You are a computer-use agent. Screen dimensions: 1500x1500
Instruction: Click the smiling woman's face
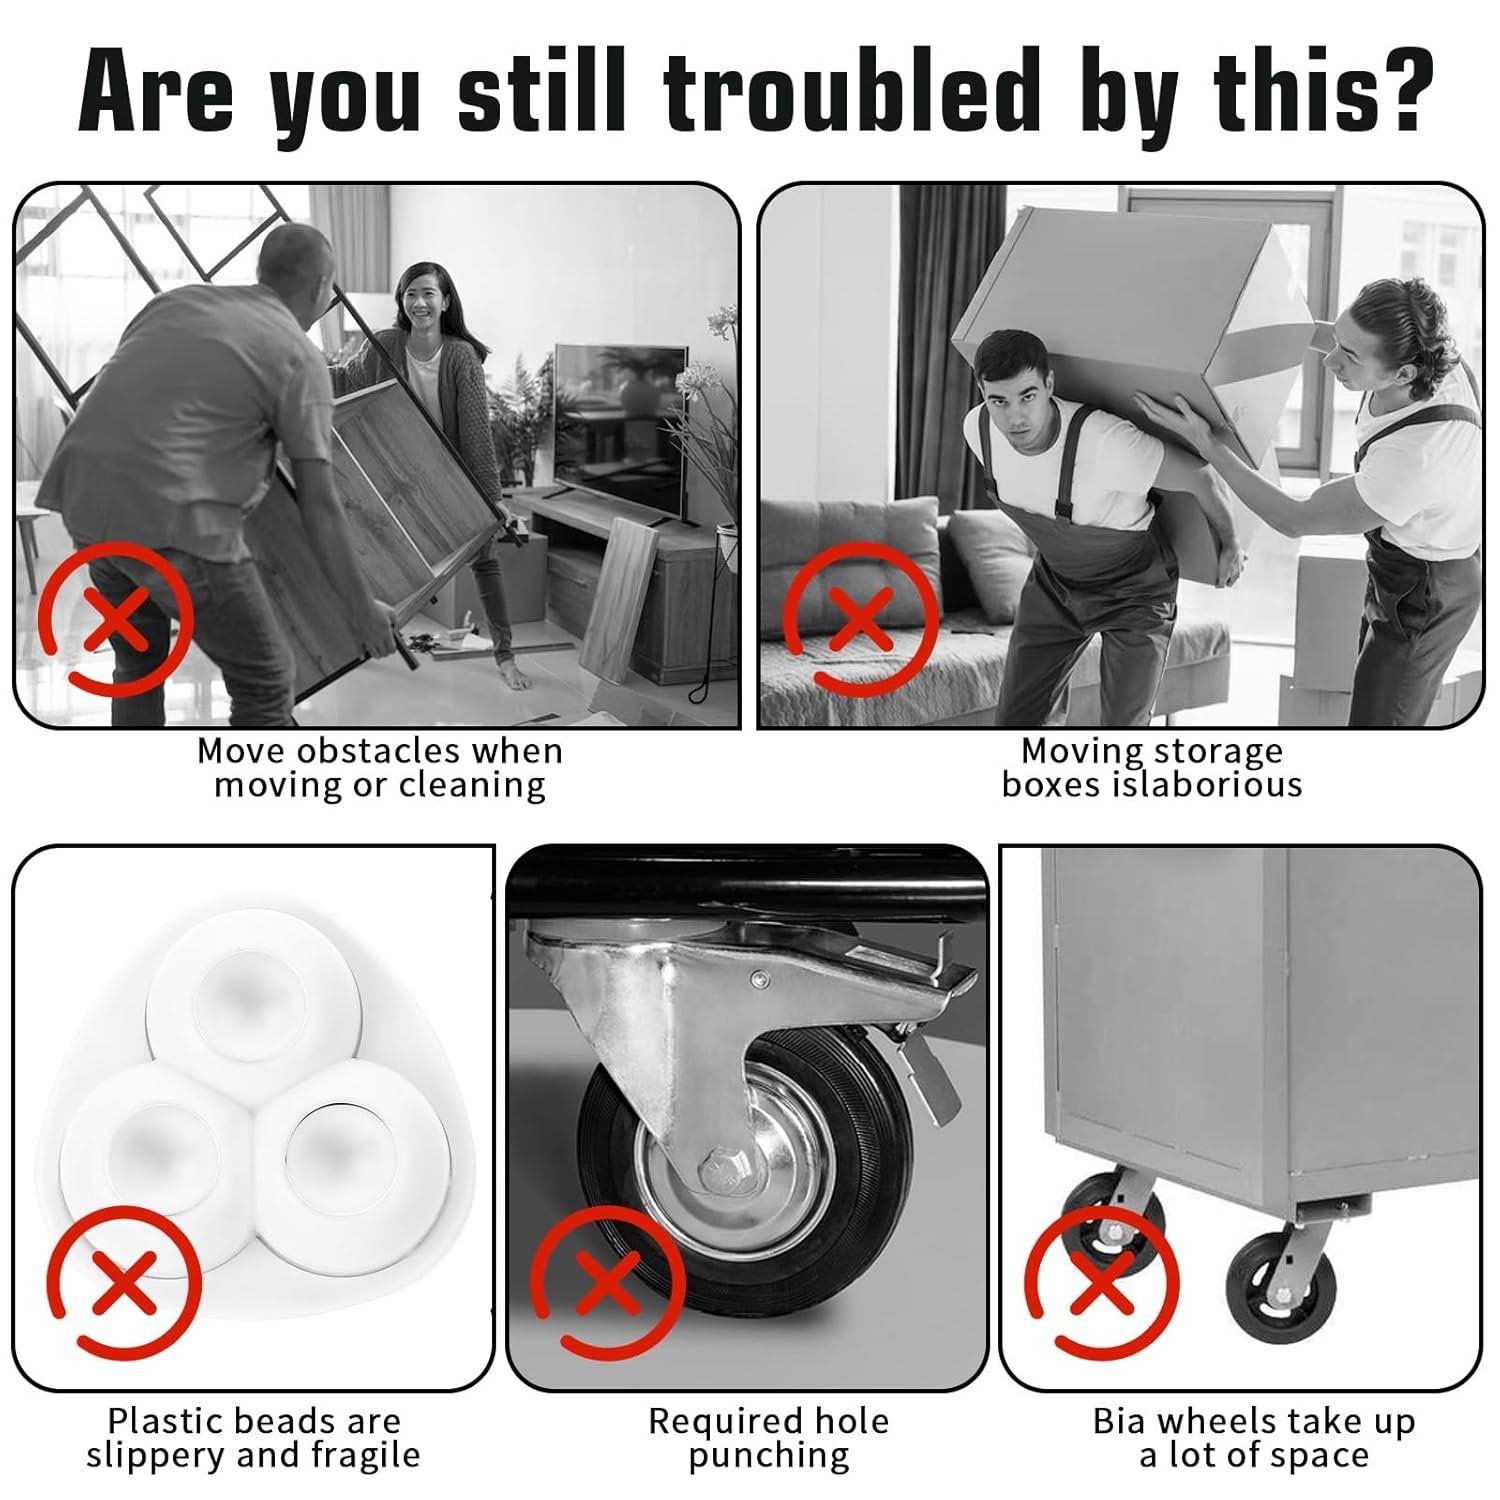tap(424, 299)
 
